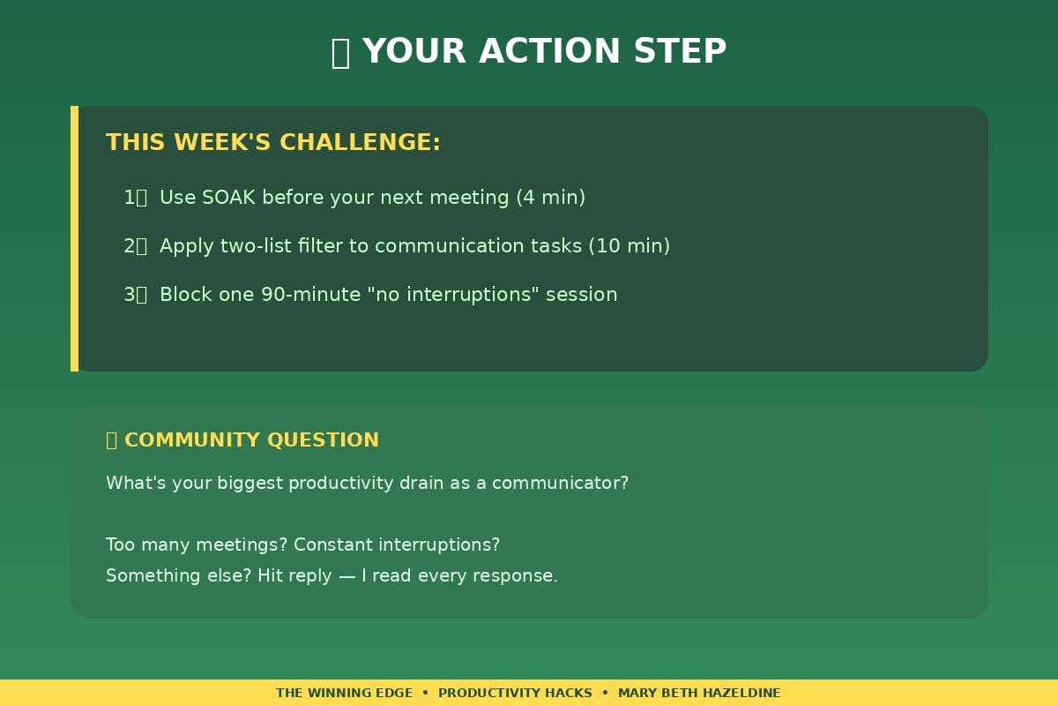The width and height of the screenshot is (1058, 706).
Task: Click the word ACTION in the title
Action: [x=550, y=51]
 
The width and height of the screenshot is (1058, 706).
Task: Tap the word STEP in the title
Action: [x=680, y=51]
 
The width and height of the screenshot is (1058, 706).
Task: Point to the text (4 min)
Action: [x=551, y=198]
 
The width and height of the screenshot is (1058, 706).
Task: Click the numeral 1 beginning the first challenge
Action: [x=130, y=197]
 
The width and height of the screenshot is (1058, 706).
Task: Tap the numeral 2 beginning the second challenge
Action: [x=130, y=246]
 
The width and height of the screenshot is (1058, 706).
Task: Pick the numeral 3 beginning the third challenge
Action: [x=130, y=295]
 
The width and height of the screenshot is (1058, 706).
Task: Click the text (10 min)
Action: [x=630, y=246]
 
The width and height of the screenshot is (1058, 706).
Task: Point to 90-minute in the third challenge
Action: [x=310, y=295]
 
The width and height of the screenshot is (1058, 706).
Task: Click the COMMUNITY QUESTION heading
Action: [x=251, y=439]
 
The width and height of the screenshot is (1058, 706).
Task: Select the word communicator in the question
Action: [x=560, y=483]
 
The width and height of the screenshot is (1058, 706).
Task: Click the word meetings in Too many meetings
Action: [x=242, y=545]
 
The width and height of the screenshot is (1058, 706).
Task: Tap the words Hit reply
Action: [x=294, y=576]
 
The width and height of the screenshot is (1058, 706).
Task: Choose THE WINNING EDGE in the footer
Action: [x=345, y=694]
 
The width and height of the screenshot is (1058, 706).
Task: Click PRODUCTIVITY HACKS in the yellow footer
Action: [x=515, y=694]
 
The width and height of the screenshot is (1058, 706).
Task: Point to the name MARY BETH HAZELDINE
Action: [x=699, y=694]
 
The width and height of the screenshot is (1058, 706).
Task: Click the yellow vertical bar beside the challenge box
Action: [x=75, y=239]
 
